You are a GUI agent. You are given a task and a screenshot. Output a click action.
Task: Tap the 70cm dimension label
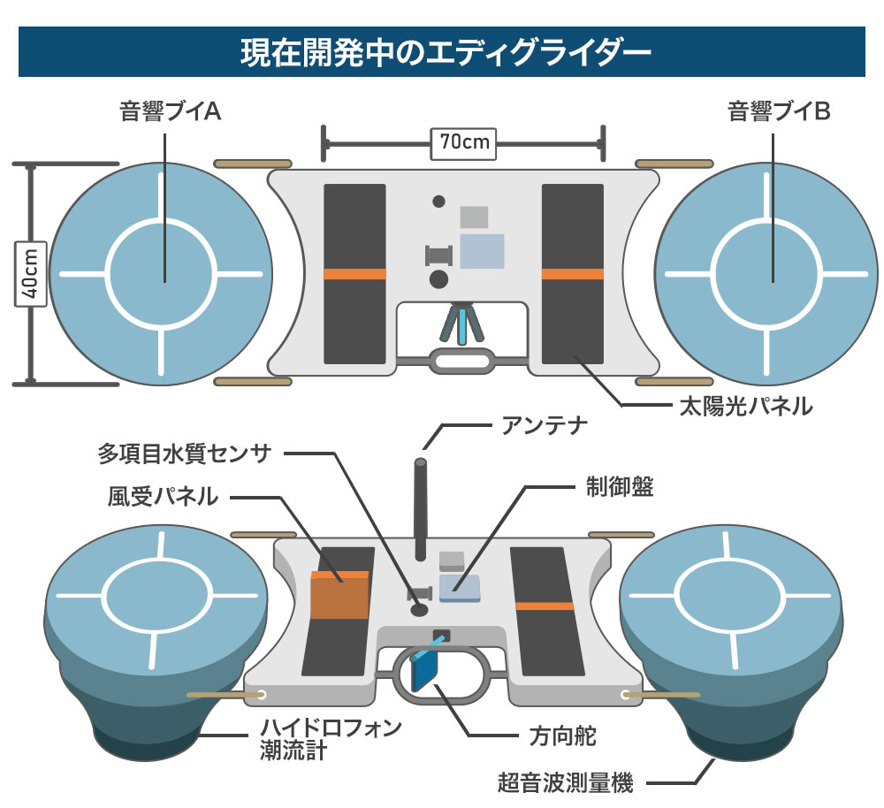pos(463,141)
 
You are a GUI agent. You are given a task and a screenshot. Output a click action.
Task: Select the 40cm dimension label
pos(30,274)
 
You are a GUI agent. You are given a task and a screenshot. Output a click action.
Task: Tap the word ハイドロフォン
pos(331,728)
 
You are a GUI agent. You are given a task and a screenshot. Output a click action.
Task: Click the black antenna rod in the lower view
pos(421,513)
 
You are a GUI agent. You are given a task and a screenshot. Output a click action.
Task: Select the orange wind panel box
pos(339,596)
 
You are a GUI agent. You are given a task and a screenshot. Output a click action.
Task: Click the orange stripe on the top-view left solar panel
pos(354,274)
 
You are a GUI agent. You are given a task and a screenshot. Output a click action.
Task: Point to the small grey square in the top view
pos(474,217)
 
